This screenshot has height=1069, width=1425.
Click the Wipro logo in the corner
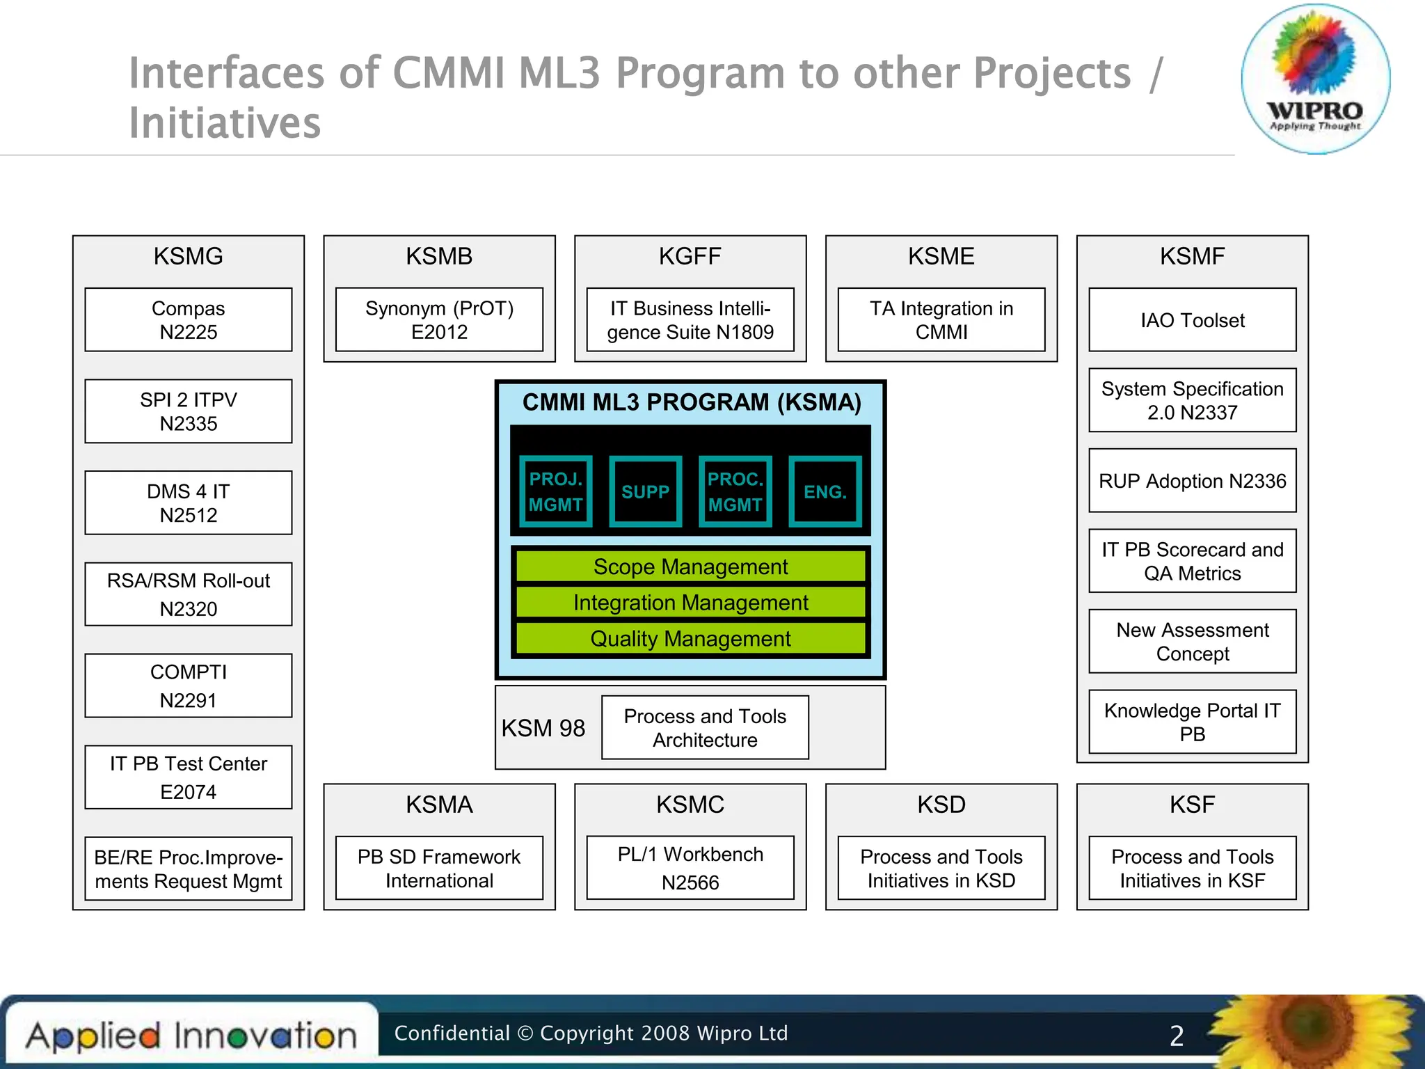coord(1315,78)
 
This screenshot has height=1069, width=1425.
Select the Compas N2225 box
coord(188,319)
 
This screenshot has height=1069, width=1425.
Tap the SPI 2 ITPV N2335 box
coord(188,411)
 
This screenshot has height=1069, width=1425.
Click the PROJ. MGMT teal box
coord(555,491)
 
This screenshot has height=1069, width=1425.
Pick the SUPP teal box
coord(645,491)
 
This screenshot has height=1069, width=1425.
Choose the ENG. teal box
coord(825,491)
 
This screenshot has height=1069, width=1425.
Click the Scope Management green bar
coord(690,567)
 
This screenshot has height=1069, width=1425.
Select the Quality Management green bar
coord(690,638)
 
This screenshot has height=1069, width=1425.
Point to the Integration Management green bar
coord(690,602)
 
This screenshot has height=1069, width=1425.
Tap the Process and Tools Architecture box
coord(705,727)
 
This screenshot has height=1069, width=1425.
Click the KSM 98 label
coord(543,728)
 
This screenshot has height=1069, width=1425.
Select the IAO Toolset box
coord(1192,319)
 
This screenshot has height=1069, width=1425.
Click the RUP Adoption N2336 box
coord(1192,481)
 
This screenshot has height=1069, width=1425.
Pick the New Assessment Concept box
coord(1192,641)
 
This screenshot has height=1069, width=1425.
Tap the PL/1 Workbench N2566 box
coord(690,868)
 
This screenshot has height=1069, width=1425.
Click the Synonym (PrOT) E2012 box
coord(439,319)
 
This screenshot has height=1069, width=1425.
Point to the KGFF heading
coord(690,256)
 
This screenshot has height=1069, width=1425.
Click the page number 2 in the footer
coord(1177,1036)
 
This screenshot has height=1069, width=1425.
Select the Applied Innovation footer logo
coord(191,1036)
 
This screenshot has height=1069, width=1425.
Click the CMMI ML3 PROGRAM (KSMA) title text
coord(692,402)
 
